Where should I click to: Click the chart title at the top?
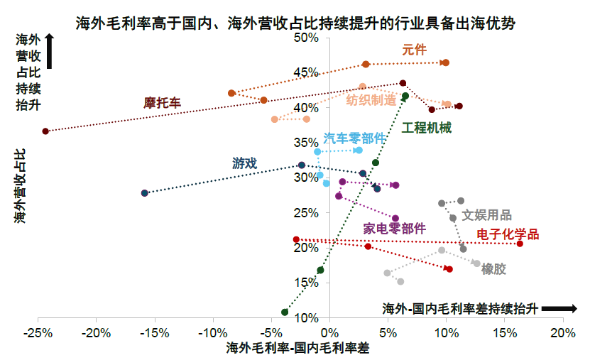[295, 23]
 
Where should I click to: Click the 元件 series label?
[414, 50]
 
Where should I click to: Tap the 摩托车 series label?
[163, 103]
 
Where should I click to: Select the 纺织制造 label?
[371, 100]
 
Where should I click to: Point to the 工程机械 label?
[427, 128]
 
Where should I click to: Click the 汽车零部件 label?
[354, 138]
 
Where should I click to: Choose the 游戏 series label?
[245, 163]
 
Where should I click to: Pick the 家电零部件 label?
[395, 229]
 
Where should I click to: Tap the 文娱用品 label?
[486, 216]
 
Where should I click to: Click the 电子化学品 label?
[508, 234]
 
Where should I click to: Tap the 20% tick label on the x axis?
[563, 332]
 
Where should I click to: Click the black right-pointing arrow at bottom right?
[564, 308]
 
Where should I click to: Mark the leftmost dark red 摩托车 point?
[45, 131]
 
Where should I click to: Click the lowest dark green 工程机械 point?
[285, 312]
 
